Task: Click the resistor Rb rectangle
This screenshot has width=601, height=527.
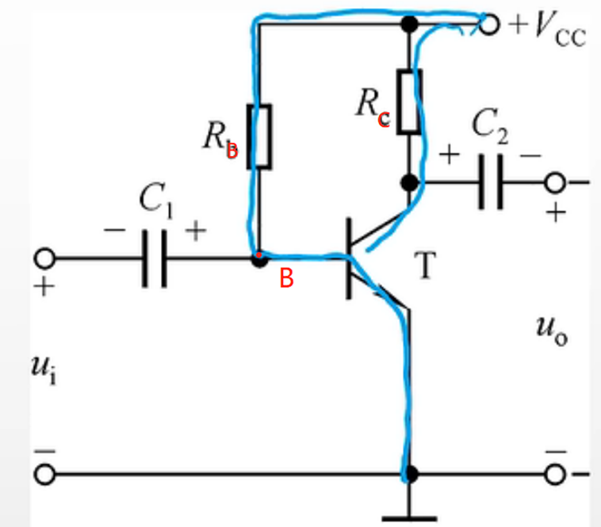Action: point(260,136)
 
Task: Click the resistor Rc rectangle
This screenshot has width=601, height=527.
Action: point(409,101)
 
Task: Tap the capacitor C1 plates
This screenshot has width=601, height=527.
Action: point(155,258)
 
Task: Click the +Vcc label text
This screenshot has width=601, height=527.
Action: point(546,28)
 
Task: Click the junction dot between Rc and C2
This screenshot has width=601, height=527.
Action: point(409,183)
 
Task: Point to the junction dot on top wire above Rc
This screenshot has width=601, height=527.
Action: point(409,24)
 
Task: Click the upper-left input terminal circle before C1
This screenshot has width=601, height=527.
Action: point(44,258)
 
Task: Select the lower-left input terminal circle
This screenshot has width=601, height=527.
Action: point(44,475)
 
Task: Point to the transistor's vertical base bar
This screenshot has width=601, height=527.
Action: point(350,258)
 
